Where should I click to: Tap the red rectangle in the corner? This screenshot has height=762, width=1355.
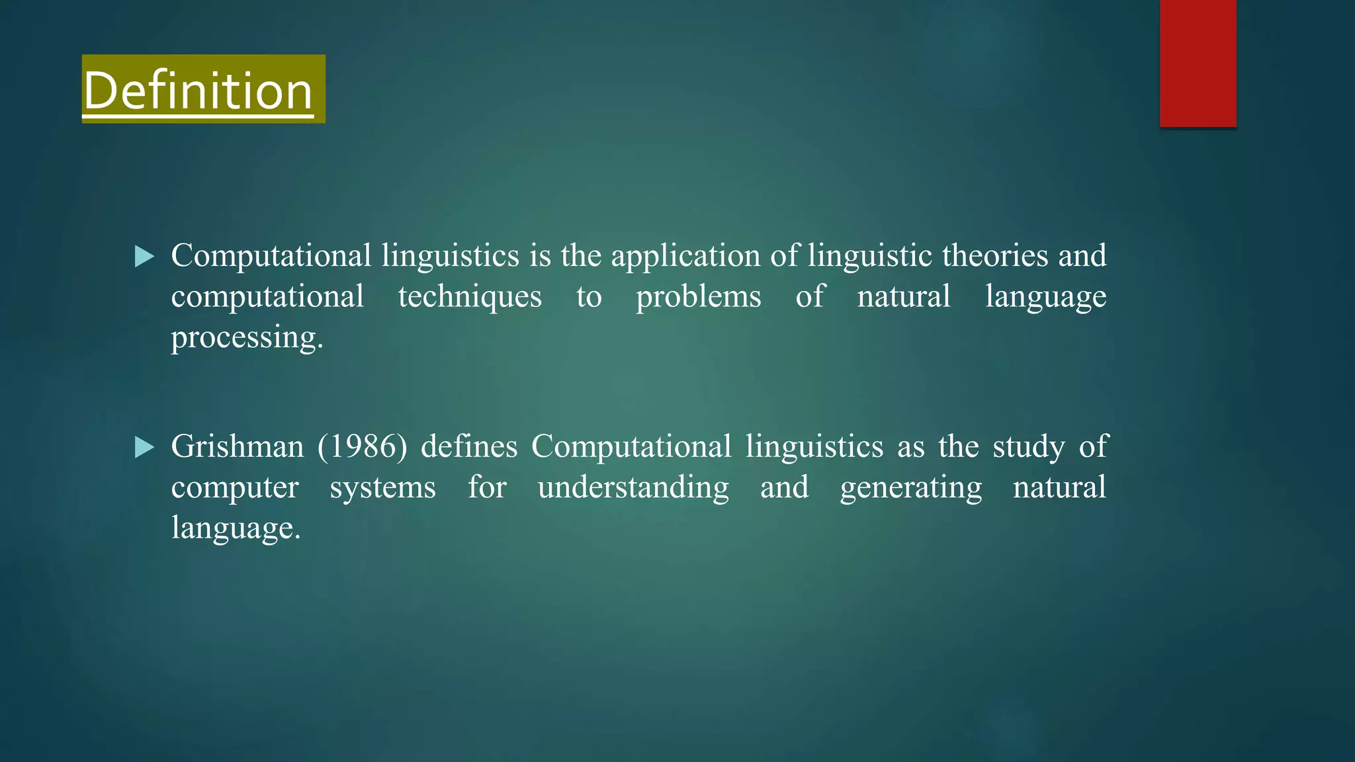tap(1198, 63)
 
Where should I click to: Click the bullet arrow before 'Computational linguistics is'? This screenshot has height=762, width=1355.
tap(144, 256)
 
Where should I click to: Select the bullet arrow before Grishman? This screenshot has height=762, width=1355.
tap(144, 447)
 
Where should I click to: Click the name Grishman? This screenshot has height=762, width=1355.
tap(238, 446)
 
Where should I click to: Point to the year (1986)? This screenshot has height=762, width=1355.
tap(362, 446)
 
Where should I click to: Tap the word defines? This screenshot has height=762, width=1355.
tap(469, 446)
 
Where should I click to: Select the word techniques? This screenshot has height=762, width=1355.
tap(470, 296)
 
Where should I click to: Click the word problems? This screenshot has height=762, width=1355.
tap(698, 296)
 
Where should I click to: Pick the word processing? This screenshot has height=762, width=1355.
tap(247, 337)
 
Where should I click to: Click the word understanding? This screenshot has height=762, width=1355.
tap(633, 488)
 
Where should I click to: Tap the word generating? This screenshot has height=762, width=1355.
tap(911, 488)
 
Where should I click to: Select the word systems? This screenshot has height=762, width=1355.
tap(382, 488)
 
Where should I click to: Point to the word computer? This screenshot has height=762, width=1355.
tap(235, 488)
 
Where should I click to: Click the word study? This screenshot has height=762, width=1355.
tap(1029, 447)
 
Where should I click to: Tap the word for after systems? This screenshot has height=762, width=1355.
tap(487, 487)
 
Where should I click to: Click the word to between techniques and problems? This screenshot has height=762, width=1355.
tap(589, 296)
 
